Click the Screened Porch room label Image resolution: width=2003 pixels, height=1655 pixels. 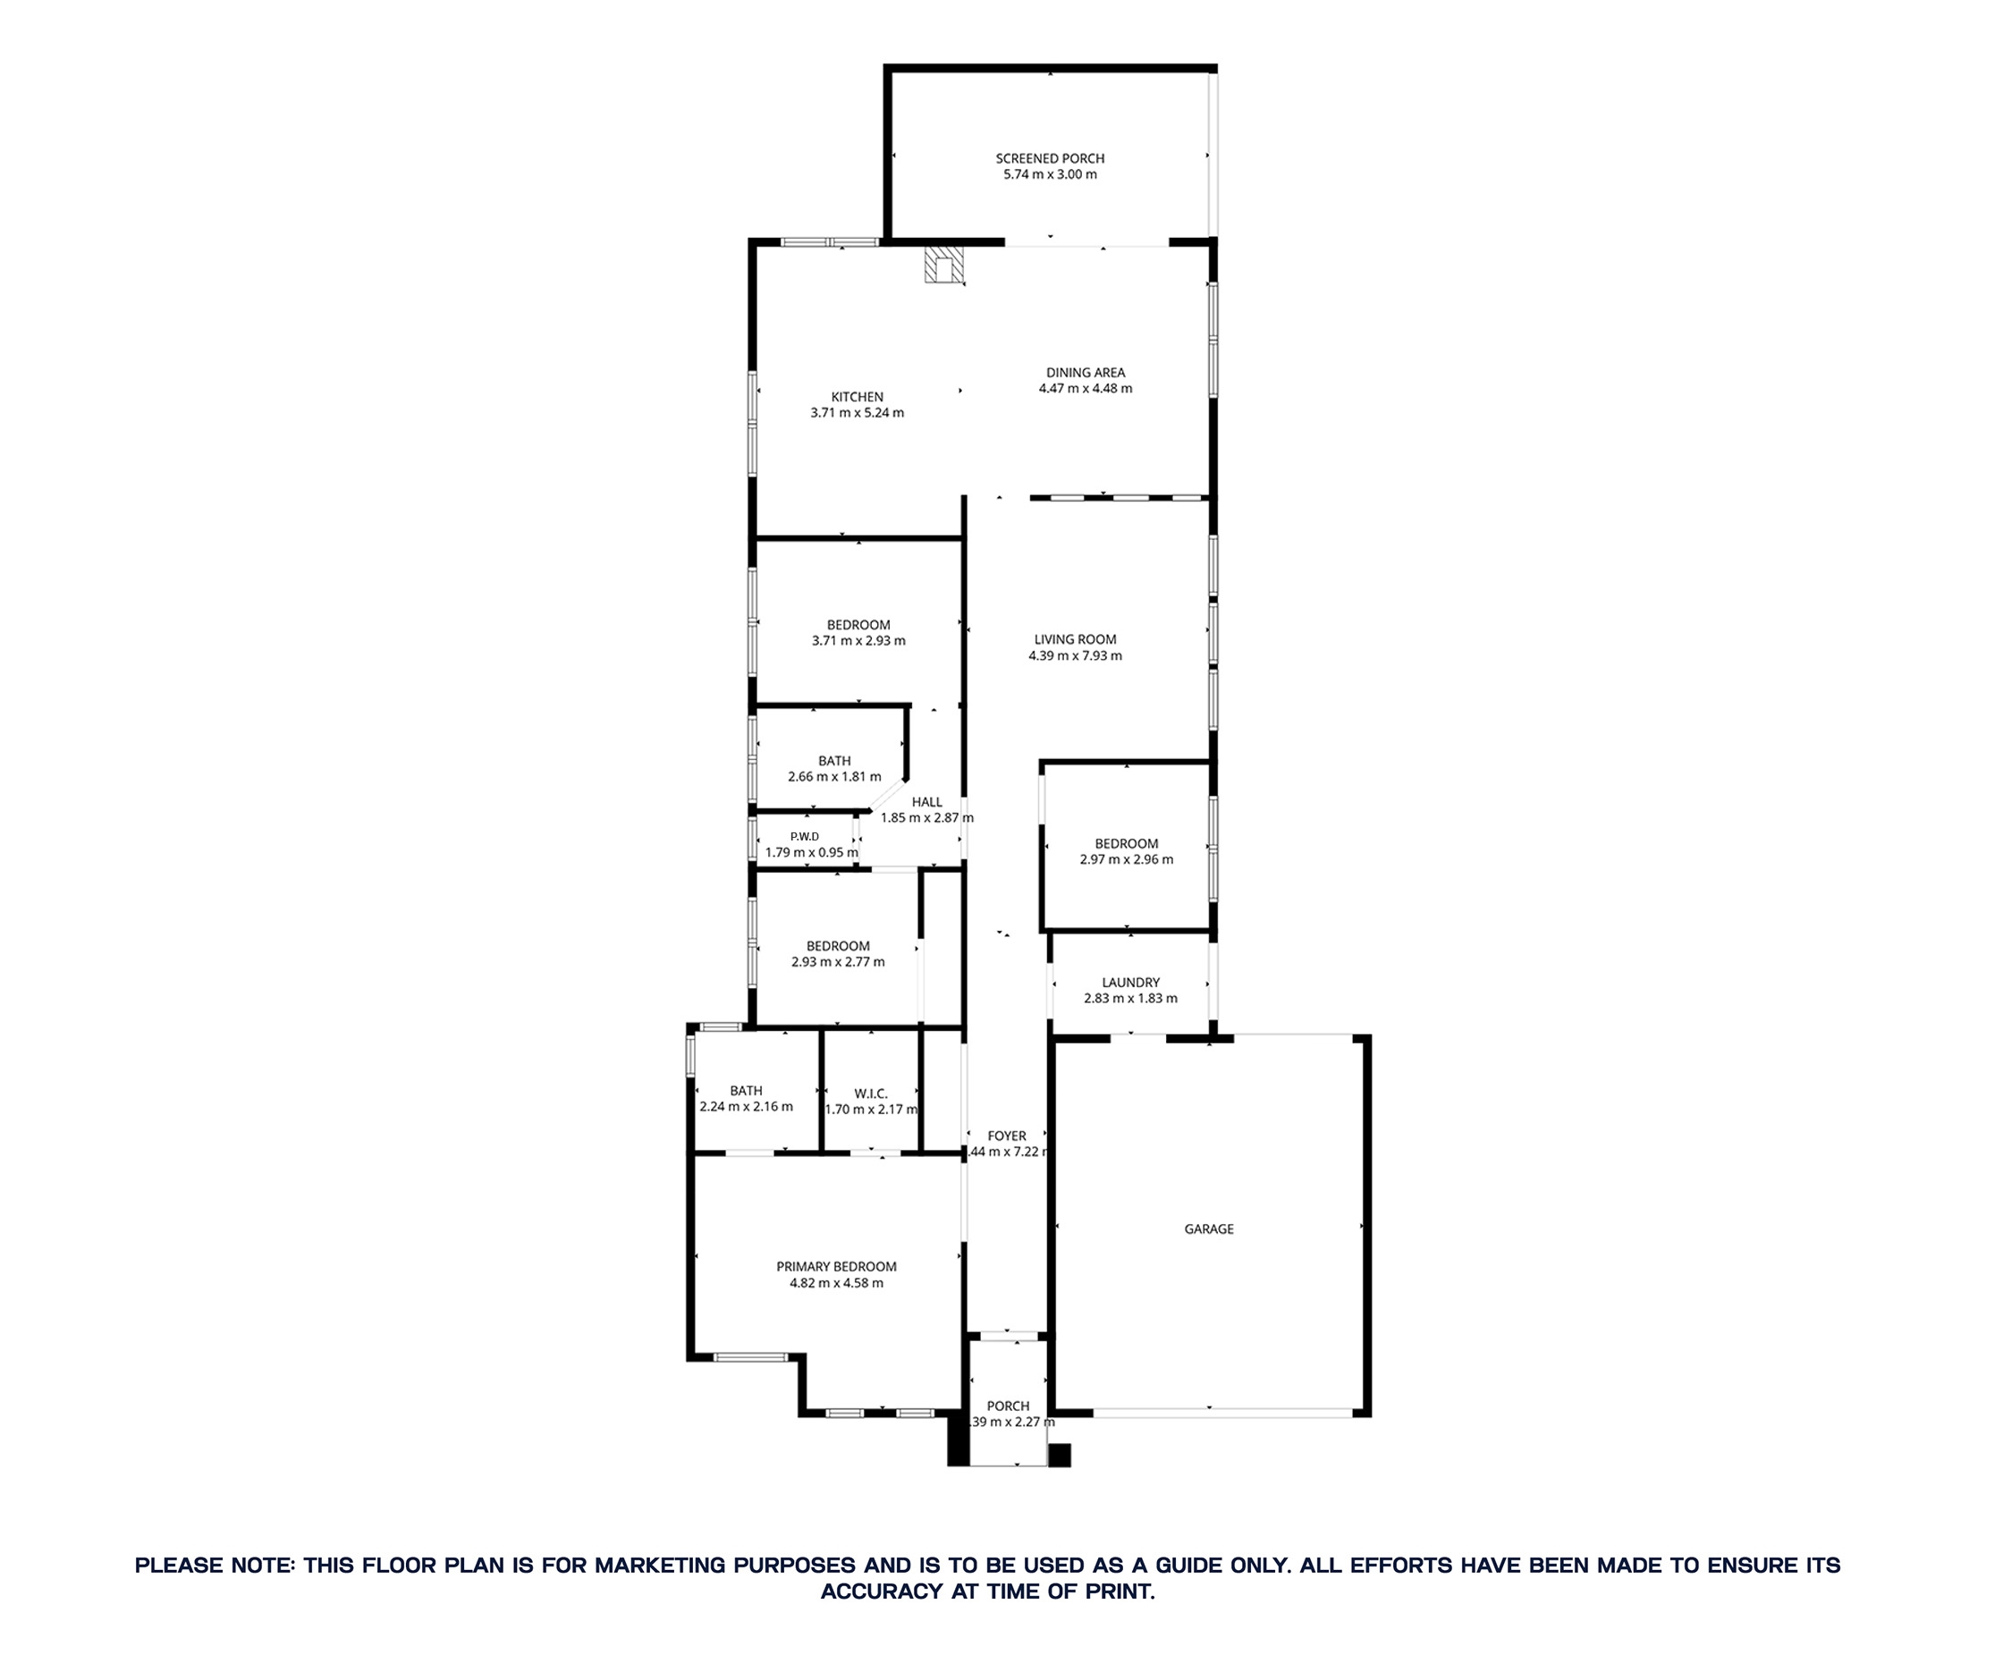tap(1050, 158)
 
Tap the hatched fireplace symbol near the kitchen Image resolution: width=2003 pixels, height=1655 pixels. tap(943, 266)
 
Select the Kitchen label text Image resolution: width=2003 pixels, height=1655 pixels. tap(857, 397)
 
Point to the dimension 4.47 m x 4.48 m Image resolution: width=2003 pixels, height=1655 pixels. tap(1085, 389)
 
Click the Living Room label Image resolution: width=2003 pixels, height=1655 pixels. tap(1075, 639)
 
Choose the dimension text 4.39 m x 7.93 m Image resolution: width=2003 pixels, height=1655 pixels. tap(1075, 656)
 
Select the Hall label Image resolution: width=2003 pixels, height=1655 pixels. tap(926, 802)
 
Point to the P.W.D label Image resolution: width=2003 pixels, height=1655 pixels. tap(804, 836)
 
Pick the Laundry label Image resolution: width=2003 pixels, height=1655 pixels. tap(1130, 983)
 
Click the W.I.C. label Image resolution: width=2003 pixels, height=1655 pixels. tap(870, 1093)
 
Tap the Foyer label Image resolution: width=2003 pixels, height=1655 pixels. tap(1007, 1136)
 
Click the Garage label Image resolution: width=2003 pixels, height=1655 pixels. tap(1209, 1229)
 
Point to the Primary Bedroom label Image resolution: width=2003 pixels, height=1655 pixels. tap(836, 1267)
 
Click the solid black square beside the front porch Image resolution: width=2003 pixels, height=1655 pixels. tap(1060, 1456)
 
